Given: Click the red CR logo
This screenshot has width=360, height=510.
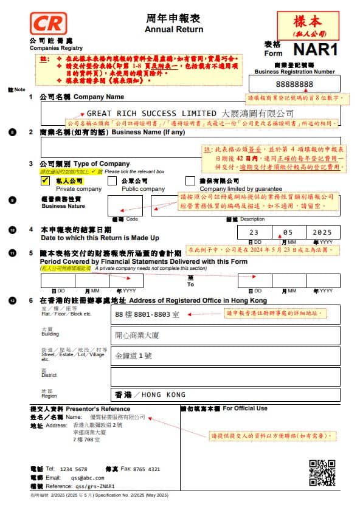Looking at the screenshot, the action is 47,24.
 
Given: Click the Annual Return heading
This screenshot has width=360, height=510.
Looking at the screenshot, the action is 174,29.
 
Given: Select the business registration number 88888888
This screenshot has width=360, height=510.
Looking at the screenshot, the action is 294,84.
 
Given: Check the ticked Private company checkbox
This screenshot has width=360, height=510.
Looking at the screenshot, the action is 45,181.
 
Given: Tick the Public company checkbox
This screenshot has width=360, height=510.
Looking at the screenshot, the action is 112,181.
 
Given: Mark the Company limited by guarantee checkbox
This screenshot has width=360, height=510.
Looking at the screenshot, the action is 190,181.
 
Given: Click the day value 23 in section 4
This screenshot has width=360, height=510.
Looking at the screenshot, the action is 254,232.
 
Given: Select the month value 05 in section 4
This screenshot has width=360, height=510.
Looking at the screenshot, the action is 288,232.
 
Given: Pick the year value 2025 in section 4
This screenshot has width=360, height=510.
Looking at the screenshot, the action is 322,232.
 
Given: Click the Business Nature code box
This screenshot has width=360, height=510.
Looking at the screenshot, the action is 125,205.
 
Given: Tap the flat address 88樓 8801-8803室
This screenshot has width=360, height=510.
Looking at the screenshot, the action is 147,314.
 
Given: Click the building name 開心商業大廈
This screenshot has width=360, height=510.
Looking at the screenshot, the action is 137,335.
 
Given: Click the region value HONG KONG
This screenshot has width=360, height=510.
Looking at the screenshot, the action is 164,395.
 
